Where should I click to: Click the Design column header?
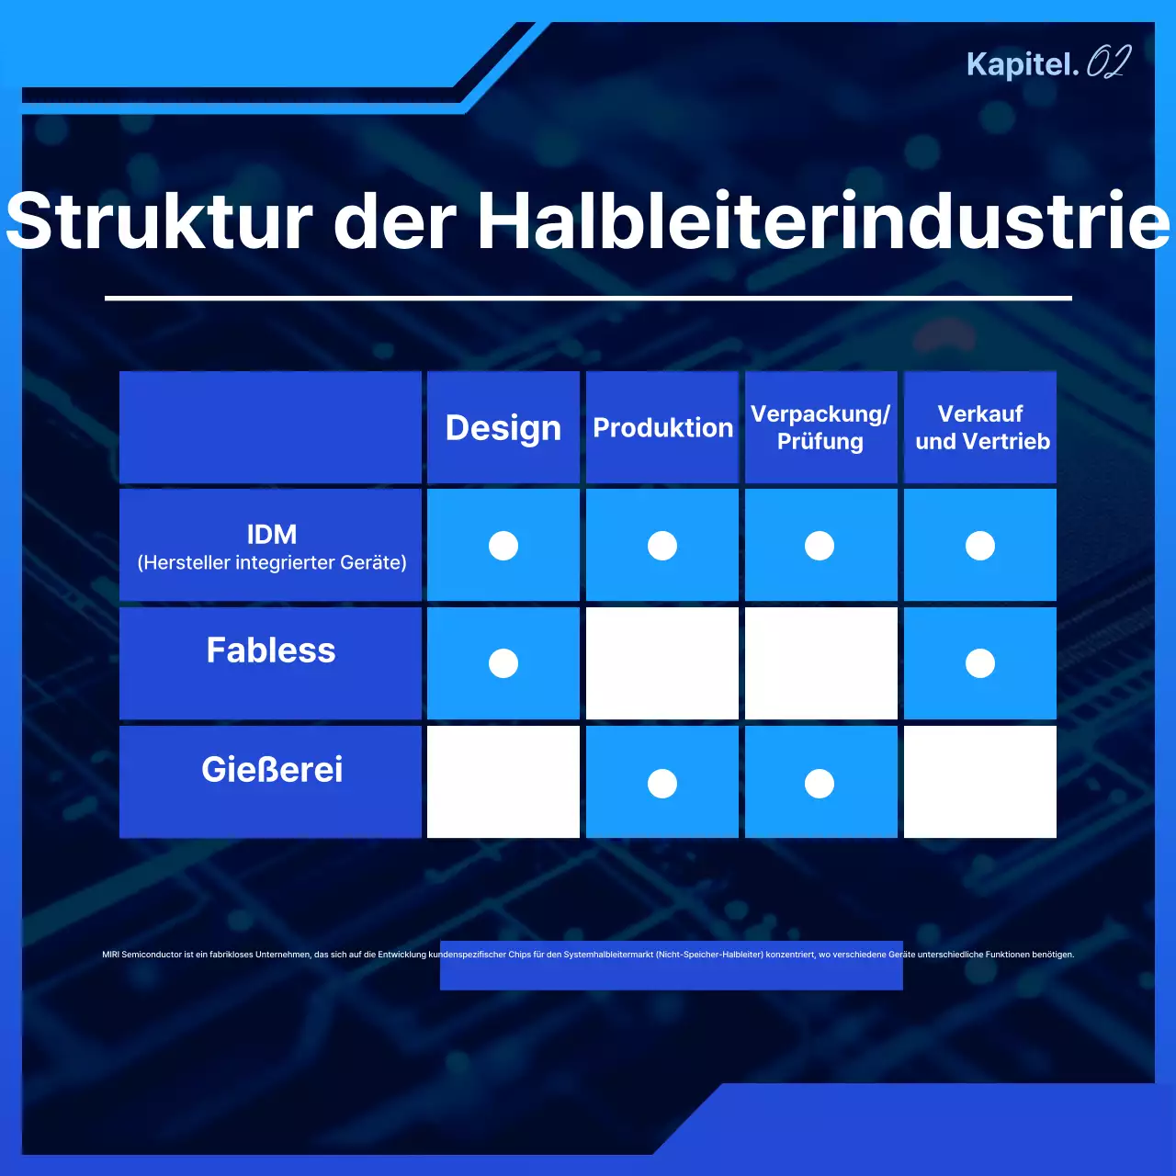point(503,428)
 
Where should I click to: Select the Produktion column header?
point(662,428)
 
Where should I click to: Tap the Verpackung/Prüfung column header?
point(820,428)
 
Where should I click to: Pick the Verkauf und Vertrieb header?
point(981,428)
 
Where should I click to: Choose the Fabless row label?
point(271,650)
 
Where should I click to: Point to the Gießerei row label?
point(272,770)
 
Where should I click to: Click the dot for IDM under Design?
point(503,546)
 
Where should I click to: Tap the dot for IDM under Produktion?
point(662,546)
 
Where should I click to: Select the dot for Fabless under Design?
point(503,663)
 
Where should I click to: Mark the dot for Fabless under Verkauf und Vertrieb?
point(980,663)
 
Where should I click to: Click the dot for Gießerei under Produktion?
point(662,784)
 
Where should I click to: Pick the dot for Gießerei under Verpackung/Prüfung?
point(820,784)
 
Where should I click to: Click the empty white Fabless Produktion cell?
point(662,663)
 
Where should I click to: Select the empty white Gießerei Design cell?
point(503,782)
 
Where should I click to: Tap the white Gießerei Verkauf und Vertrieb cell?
point(980,782)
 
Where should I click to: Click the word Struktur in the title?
point(159,221)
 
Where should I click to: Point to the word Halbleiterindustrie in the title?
point(823,221)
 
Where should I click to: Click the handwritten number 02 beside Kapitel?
point(1108,62)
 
